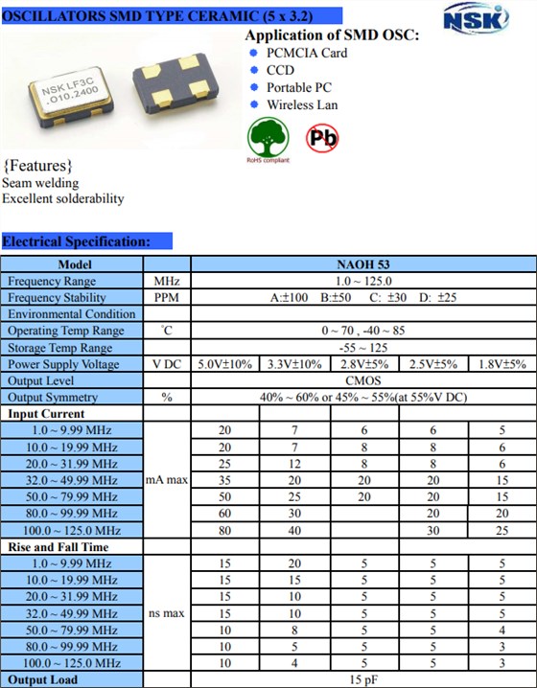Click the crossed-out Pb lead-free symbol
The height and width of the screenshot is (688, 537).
322,137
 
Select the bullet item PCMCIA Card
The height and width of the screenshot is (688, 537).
306,53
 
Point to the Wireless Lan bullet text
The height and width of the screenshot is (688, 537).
302,104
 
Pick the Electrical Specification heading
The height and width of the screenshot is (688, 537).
77,241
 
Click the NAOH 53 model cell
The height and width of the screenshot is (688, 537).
362,264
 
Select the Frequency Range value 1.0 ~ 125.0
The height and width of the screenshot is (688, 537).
362,281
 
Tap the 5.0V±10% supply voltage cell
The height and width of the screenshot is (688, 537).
224,364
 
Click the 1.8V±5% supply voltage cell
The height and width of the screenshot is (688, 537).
502,364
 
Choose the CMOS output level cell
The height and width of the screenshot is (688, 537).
362,380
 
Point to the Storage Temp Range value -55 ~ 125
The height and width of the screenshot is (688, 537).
362,348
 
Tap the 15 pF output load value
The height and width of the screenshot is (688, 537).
362,680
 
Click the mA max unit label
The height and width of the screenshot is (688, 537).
166,480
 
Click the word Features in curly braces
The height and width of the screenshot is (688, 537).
38,165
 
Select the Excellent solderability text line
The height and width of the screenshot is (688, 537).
63,198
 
